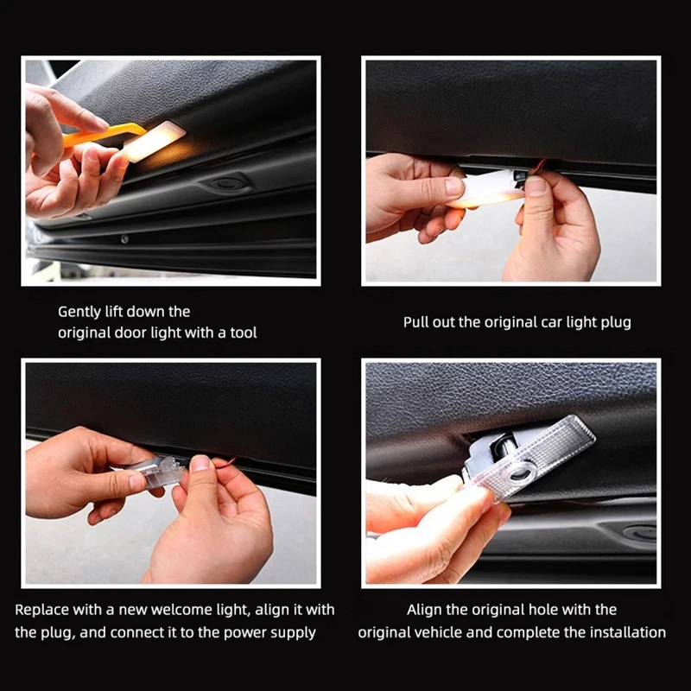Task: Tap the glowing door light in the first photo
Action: (x=154, y=141)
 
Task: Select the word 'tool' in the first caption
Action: (x=244, y=333)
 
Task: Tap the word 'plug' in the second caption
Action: (x=616, y=323)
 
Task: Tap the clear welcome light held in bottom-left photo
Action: (x=162, y=472)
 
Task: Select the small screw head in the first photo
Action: (x=124, y=239)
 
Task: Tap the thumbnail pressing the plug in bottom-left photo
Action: (x=200, y=463)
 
